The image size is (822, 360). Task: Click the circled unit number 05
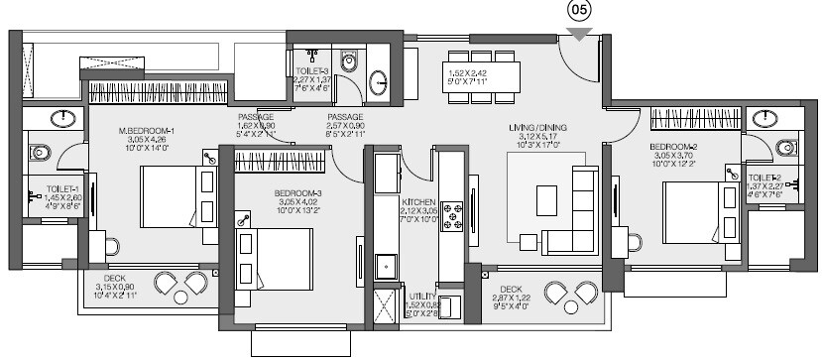pyautogui.click(x=580, y=13)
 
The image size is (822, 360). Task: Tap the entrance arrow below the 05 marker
pyautogui.click(x=580, y=36)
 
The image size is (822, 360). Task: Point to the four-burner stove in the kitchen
pyautogui.click(x=453, y=215)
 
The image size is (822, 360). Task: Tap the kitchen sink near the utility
pyautogui.click(x=387, y=266)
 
